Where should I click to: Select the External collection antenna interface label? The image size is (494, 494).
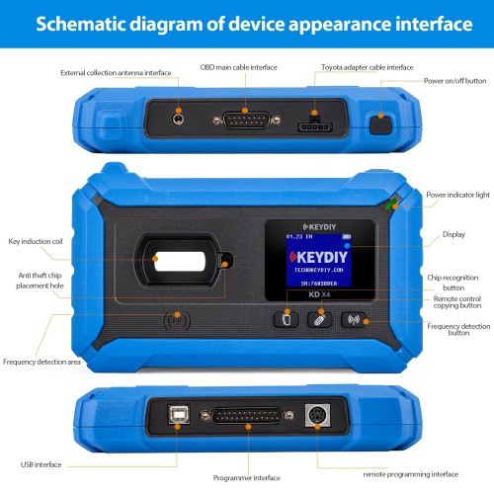116,72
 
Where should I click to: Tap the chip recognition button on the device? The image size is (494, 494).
285,319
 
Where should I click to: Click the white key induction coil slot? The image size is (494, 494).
180,260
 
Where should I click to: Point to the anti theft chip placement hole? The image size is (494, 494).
226,261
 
